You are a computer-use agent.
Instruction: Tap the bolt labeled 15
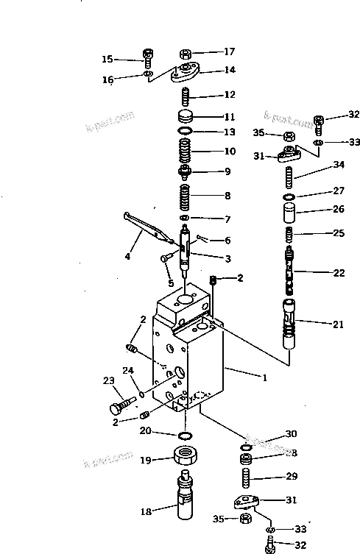[147, 56]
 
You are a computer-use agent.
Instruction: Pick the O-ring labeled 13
[186, 132]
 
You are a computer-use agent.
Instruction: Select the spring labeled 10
[186, 153]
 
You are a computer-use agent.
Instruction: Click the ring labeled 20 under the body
[185, 438]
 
